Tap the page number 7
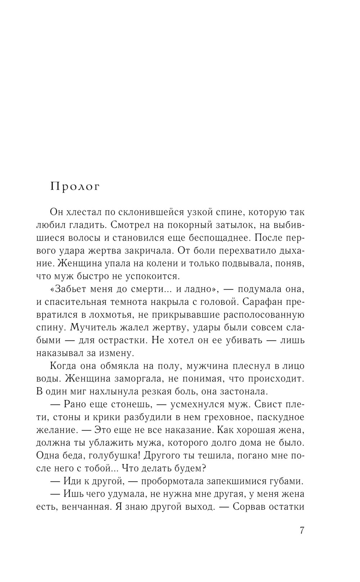(302, 531)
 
